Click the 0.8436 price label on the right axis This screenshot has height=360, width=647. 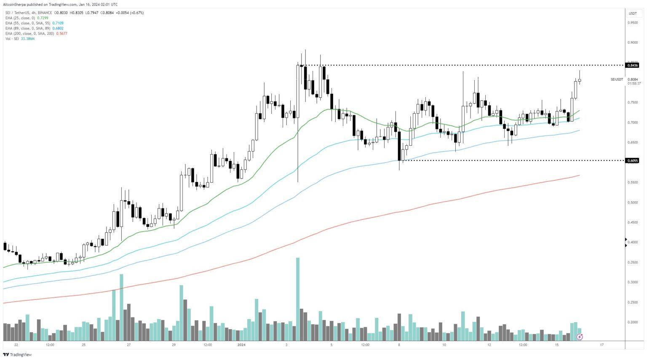(x=633, y=65)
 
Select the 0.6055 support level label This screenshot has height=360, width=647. (x=633, y=160)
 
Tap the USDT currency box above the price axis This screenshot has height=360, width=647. (x=633, y=13)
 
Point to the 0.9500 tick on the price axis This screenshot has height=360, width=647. (x=633, y=23)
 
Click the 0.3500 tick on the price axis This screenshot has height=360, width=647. (x=633, y=262)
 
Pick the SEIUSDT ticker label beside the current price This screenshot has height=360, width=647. (x=617, y=79)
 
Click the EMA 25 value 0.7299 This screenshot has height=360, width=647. (x=43, y=18)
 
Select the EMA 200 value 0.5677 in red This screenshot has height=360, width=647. (x=61, y=33)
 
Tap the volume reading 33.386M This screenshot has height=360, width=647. (x=27, y=39)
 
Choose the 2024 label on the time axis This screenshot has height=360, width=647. (x=241, y=345)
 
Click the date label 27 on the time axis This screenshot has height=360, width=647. (x=129, y=345)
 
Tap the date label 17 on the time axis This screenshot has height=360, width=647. (x=602, y=345)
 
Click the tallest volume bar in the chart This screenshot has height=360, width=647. (x=298, y=299)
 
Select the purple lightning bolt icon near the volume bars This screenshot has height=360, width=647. (x=580, y=336)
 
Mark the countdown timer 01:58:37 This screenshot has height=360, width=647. (x=634, y=83)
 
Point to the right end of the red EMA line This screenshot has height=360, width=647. (x=580, y=175)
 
